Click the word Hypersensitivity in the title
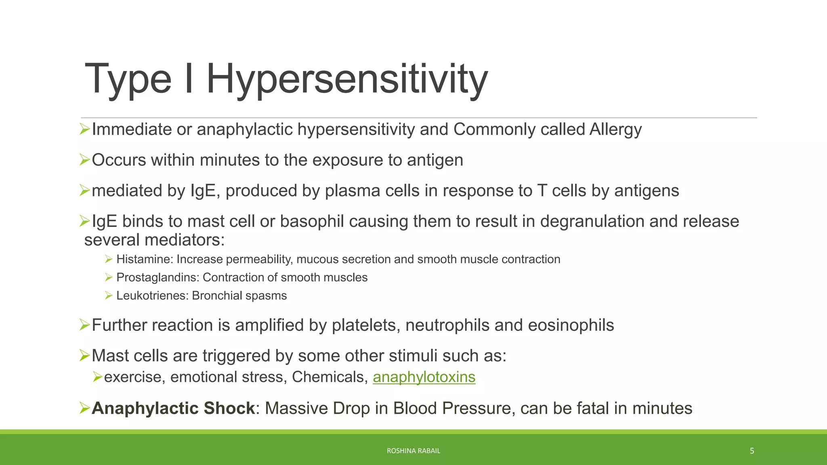(x=347, y=79)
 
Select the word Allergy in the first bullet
(x=615, y=130)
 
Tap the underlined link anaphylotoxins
(x=424, y=377)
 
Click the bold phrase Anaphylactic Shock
(x=173, y=408)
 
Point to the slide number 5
(x=752, y=451)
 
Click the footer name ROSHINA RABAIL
(x=413, y=451)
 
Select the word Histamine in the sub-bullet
(x=144, y=259)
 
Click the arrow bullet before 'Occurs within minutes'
(x=84, y=160)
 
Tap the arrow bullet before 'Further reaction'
(x=84, y=325)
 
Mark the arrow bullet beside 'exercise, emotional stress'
(x=97, y=377)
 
